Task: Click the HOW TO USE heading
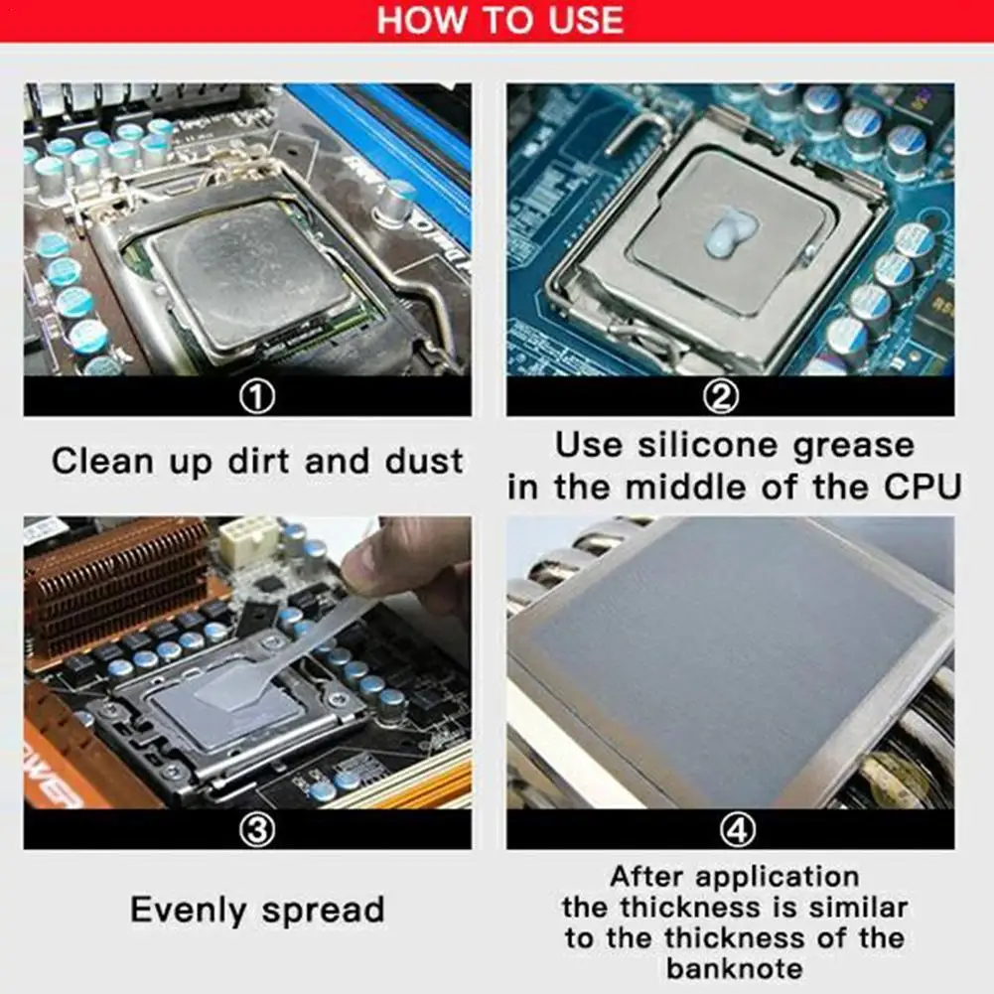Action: point(499,20)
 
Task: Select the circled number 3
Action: point(257,830)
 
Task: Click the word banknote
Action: point(734,968)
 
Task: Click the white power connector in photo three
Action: point(248,540)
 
